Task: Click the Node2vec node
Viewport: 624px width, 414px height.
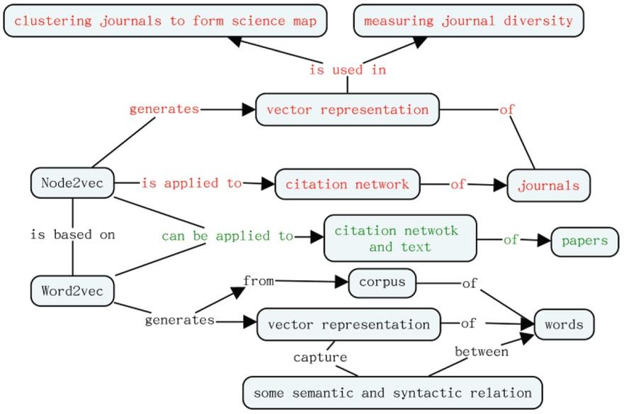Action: [x=73, y=183]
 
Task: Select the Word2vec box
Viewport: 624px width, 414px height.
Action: [x=72, y=291]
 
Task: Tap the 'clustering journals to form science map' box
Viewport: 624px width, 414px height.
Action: [x=166, y=21]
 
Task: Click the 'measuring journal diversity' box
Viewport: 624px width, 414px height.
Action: [x=468, y=21]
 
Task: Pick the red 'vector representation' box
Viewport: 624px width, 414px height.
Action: [x=347, y=110]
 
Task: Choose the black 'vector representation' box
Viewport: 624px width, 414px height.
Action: [x=348, y=325]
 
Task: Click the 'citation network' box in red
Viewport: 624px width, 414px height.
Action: [x=347, y=185]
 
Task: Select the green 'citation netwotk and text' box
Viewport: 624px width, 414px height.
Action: [x=400, y=238]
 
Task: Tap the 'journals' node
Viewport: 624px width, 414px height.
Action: [x=548, y=186]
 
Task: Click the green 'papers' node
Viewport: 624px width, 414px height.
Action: [x=584, y=241]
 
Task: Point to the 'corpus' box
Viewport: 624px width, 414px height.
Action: [x=382, y=282]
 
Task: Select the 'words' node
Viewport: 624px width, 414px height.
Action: [x=564, y=325]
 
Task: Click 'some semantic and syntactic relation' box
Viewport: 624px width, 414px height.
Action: [x=392, y=392]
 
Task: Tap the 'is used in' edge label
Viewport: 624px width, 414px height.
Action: [x=347, y=70]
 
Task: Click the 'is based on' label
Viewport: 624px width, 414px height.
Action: [x=72, y=234]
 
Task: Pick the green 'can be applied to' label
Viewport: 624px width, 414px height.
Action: [x=227, y=236]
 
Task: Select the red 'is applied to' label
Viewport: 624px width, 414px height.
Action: [x=191, y=183]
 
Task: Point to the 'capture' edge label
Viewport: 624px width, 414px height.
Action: [x=320, y=357]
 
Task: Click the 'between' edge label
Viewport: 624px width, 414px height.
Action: [x=481, y=351]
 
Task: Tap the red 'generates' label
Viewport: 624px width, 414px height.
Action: [x=164, y=109]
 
